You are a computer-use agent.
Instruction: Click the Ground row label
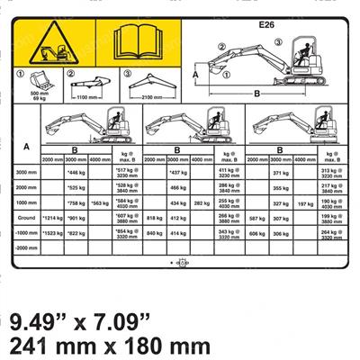[x=27, y=217]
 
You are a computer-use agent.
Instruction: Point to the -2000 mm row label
[x=27, y=247]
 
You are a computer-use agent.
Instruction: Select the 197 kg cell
[x=304, y=203]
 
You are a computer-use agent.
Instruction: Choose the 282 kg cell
[x=203, y=203]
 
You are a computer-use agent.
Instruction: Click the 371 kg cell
[x=279, y=172]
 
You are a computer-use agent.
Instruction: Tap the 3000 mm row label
[x=27, y=172]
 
